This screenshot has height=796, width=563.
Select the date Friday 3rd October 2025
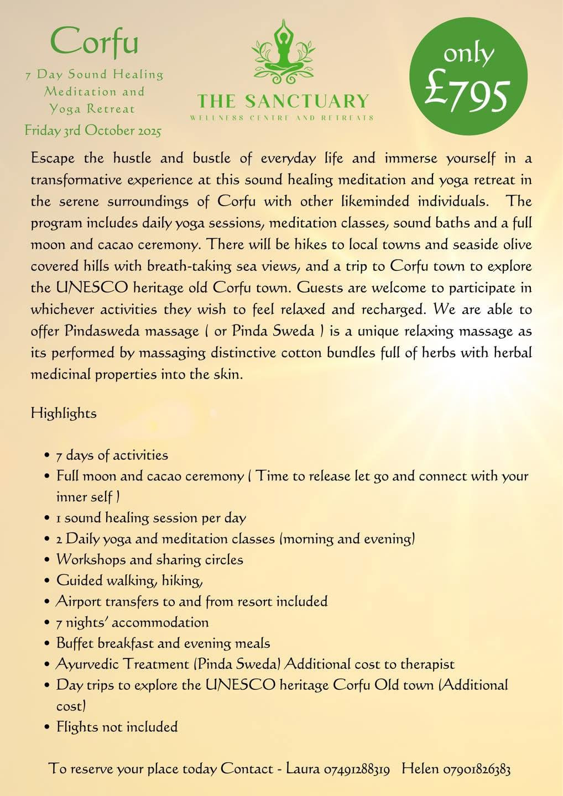click(x=93, y=131)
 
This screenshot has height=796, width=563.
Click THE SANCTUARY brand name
click(x=283, y=101)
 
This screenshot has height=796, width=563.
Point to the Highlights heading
click(x=64, y=413)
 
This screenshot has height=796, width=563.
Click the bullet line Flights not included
click(x=117, y=726)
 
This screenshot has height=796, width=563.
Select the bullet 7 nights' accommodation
click(x=132, y=622)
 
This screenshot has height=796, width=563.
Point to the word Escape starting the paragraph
click(x=53, y=159)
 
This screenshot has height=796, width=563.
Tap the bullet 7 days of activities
click(x=112, y=455)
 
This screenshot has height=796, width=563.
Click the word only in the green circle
click(x=468, y=54)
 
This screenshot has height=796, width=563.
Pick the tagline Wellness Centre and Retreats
click(x=281, y=118)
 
